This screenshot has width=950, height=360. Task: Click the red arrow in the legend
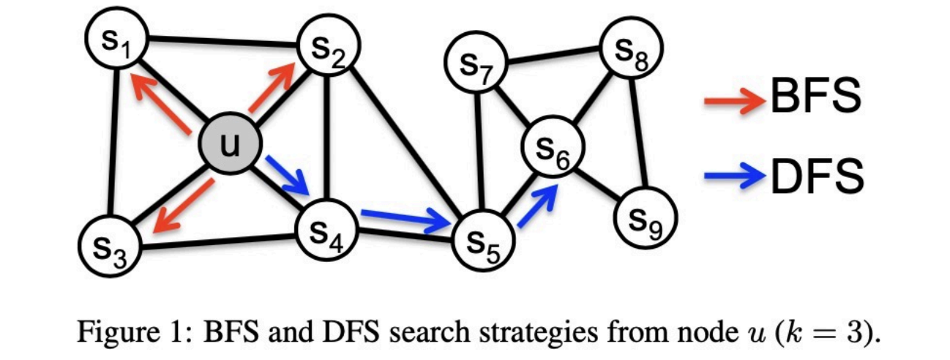[x=732, y=102]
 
